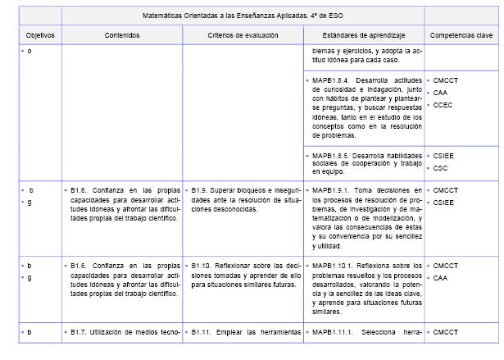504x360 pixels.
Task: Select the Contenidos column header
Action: click(122, 35)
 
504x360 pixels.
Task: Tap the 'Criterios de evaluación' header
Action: click(243, 35)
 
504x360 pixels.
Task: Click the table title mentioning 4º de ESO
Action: click(243, 14)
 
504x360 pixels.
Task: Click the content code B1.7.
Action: click(79, 331)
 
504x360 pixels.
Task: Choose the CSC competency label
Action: click(440, 167)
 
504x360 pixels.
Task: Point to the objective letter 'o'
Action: click(30, 52)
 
